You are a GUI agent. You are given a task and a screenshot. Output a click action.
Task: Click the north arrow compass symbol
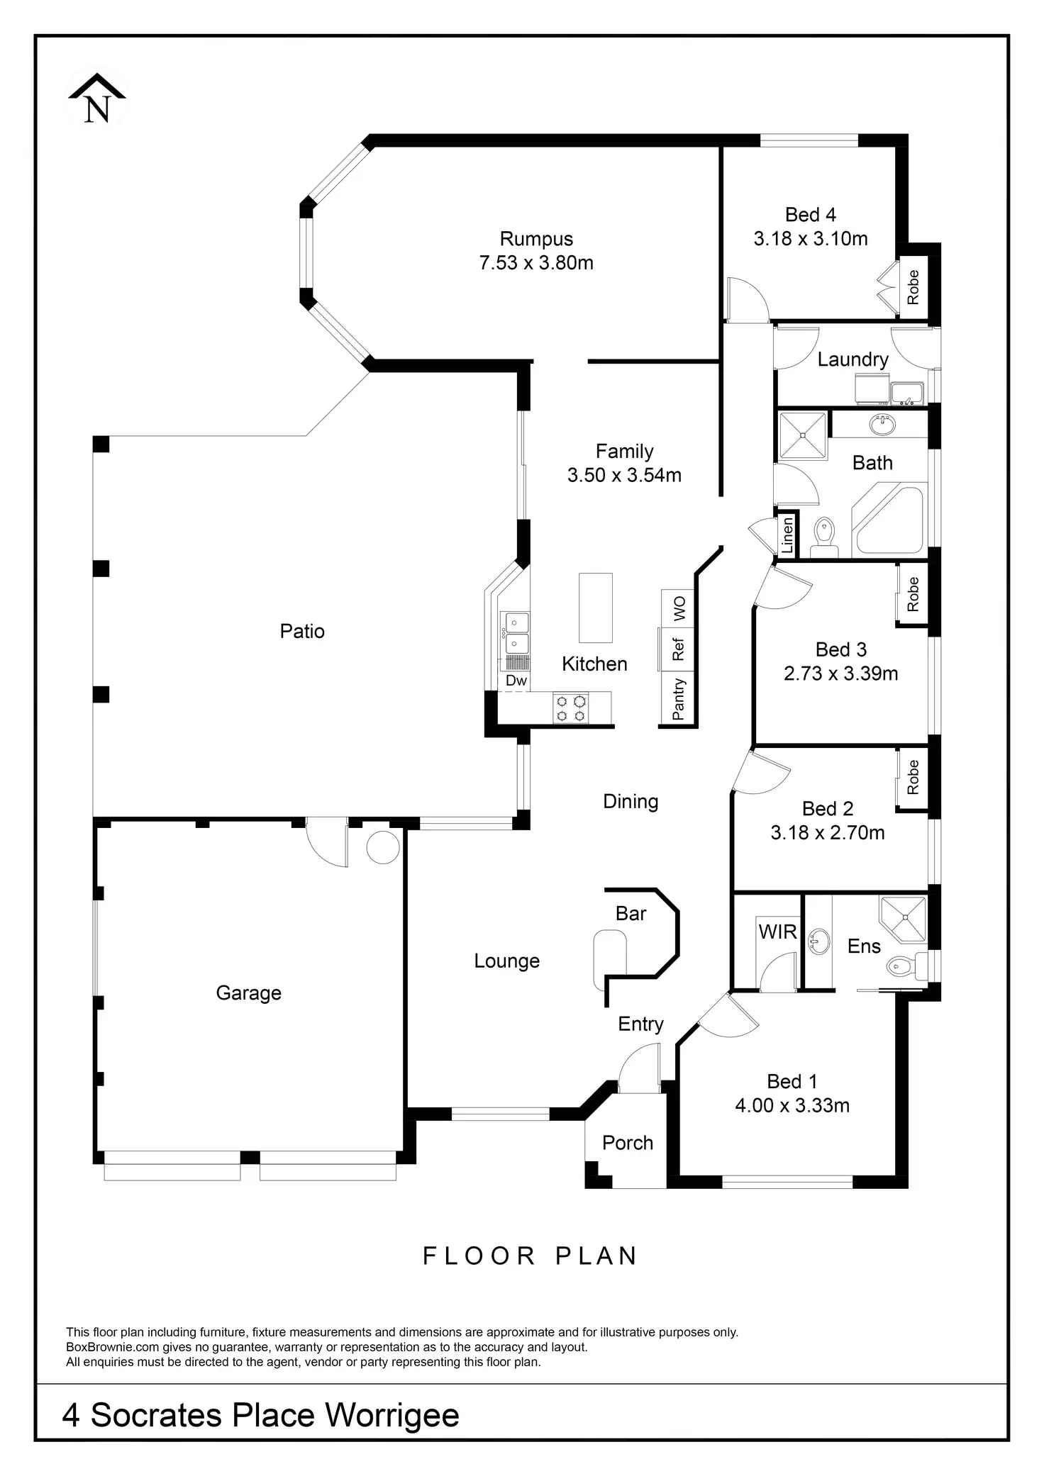[97, 99]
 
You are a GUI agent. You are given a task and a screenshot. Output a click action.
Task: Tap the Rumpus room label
[536, 239]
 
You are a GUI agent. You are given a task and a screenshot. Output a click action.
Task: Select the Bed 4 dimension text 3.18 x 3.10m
[811, 239]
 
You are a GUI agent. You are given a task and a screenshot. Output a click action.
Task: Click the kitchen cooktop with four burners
[572, 708]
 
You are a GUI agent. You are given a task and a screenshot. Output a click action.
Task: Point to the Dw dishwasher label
[516, 681]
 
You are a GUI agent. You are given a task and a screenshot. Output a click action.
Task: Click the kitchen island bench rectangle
[595, 608]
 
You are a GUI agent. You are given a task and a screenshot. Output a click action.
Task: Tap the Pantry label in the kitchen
[679, 699]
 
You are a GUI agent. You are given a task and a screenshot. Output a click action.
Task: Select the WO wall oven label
[679, 608]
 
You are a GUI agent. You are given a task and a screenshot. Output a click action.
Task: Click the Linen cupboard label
[787, 536]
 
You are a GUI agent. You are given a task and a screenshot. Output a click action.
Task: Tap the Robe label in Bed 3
[913, 594]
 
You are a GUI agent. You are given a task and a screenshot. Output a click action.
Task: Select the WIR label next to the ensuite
[778, 932]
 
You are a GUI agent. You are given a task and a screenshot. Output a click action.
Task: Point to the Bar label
[631, 914]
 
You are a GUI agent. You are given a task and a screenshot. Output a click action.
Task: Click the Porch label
[627, 1142]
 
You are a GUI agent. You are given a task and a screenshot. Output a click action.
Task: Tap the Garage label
[248, 993]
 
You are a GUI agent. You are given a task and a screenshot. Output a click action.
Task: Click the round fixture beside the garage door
[383, 846]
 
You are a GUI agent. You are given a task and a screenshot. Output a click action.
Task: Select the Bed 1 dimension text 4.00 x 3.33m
[792, 1105]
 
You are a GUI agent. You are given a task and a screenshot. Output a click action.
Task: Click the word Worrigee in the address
[392, 1415]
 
